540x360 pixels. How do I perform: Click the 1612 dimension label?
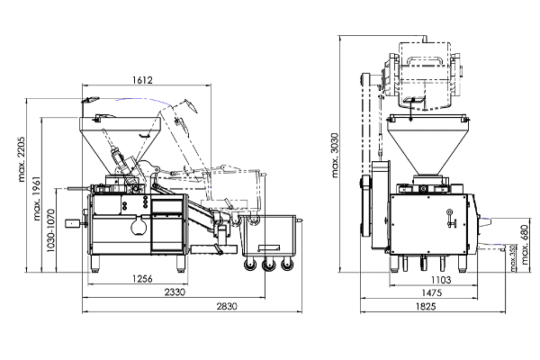coord(142,80)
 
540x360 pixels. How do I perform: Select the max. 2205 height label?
coord(22,159)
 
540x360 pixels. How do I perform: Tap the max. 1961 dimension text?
coord(37,198)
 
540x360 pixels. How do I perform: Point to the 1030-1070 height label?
coord(51,230)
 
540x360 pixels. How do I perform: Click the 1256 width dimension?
coord(142,278)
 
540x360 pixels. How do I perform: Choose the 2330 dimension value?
coord(175,292)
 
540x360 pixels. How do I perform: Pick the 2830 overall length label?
coord(227,306)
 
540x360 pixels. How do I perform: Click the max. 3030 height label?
coord(335,155)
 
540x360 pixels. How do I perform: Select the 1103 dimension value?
coord(441,280)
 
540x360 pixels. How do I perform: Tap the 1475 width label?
coord(431,292)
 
